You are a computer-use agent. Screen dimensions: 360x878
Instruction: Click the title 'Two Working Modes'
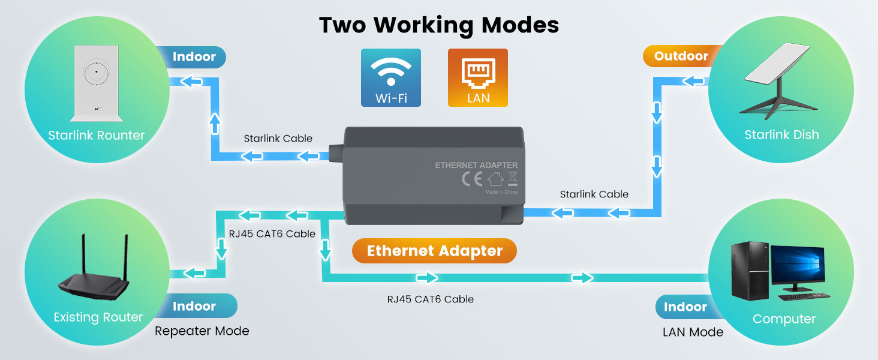[x=439, y=25]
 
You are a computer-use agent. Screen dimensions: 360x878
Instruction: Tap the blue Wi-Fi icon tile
[x=391, y=77]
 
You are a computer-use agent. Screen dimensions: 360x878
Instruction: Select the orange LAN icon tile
[x=478, y=77]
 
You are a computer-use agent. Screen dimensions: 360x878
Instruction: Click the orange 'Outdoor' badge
[x=681, y=56]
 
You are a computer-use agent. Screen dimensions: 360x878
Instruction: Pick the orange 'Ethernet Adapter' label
[x=434, y=251]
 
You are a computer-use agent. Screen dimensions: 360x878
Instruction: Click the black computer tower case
[x=749, y=272]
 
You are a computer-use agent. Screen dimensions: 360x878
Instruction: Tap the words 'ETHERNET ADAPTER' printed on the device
[x=476, y=165]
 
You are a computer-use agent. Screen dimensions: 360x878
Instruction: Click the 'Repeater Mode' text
[x=202, y=331]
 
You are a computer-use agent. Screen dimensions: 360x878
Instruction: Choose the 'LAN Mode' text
[x=693, y=332]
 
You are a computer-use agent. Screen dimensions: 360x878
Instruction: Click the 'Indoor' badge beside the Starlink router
[x=194, y=57]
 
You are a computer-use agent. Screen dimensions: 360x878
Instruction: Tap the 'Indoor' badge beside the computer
[x=685, y=307]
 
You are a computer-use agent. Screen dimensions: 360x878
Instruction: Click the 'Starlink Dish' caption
[x=781, y=135]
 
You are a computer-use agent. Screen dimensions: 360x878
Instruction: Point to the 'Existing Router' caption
[x=98, y=317]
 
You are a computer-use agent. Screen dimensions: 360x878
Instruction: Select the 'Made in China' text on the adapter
[x=501, y=193]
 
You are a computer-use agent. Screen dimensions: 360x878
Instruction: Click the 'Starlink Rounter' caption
[x=97, y=136]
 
